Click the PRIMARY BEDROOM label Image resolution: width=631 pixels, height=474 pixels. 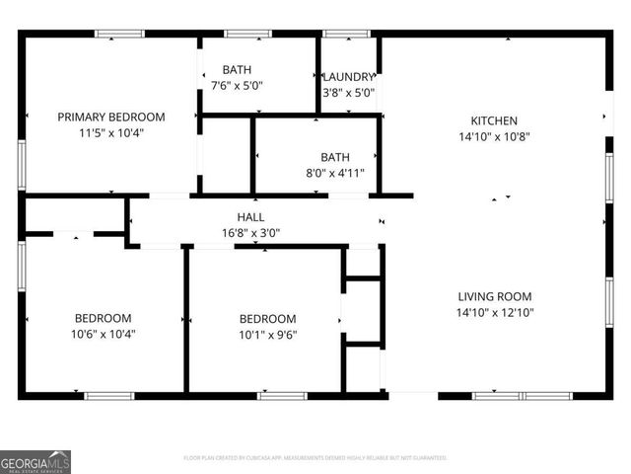pyautogui.click(x=110, y=117)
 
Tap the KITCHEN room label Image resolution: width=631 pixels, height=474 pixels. pyautogui.click(x=494, y=121)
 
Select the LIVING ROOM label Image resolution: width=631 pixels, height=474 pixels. pyautogui.click(x=494, y=296)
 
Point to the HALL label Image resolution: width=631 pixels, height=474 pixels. pyautogui.click(x=250, y=217)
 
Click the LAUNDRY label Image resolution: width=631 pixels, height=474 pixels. pyautogui.click(x=349, y=77)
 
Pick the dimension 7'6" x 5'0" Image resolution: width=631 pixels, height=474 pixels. pyautogui.click(x=237, y=85)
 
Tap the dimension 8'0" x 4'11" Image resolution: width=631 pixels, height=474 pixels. pyautogui.click(x=335, y=173)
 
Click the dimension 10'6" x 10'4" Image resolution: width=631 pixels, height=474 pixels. pyautogui.click(x=104, y=334)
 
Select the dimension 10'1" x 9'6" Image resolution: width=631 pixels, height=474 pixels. pyautogui.click(x=267, y=334)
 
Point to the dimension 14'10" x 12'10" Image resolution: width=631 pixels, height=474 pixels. pyautogui.click(x=494, y=312)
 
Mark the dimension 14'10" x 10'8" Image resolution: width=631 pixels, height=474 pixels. pyautogui.click(x=494, y=137)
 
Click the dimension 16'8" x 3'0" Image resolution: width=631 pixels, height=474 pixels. pyautogui.click(x=250, y=233)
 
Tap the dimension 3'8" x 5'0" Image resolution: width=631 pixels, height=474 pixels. pyautogui.click(x=349, y=93)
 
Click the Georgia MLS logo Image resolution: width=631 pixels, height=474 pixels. pyautogui.click(x=35, y=461)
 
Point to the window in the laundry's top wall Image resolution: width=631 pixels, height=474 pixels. pyautogui.click(x=347, y=34)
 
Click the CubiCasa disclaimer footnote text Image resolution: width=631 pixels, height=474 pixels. pyautogui.click(x=315, y=458)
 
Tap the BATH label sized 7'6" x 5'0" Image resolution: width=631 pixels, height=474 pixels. pyautogui.click(x=237, y=69)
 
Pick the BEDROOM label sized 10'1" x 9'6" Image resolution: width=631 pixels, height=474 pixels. pyautogui.click(x=267, y=318)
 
